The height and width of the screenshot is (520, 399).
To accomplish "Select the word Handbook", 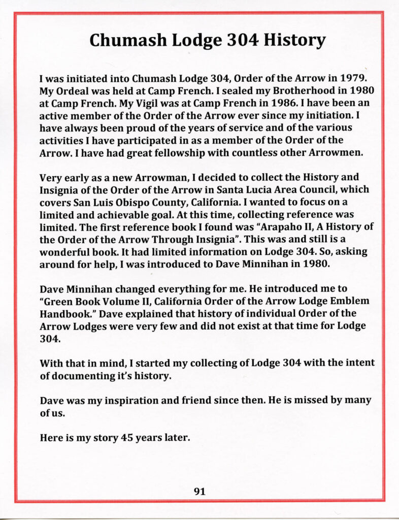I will point(66,312).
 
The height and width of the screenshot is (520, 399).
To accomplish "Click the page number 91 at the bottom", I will point(199,491).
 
